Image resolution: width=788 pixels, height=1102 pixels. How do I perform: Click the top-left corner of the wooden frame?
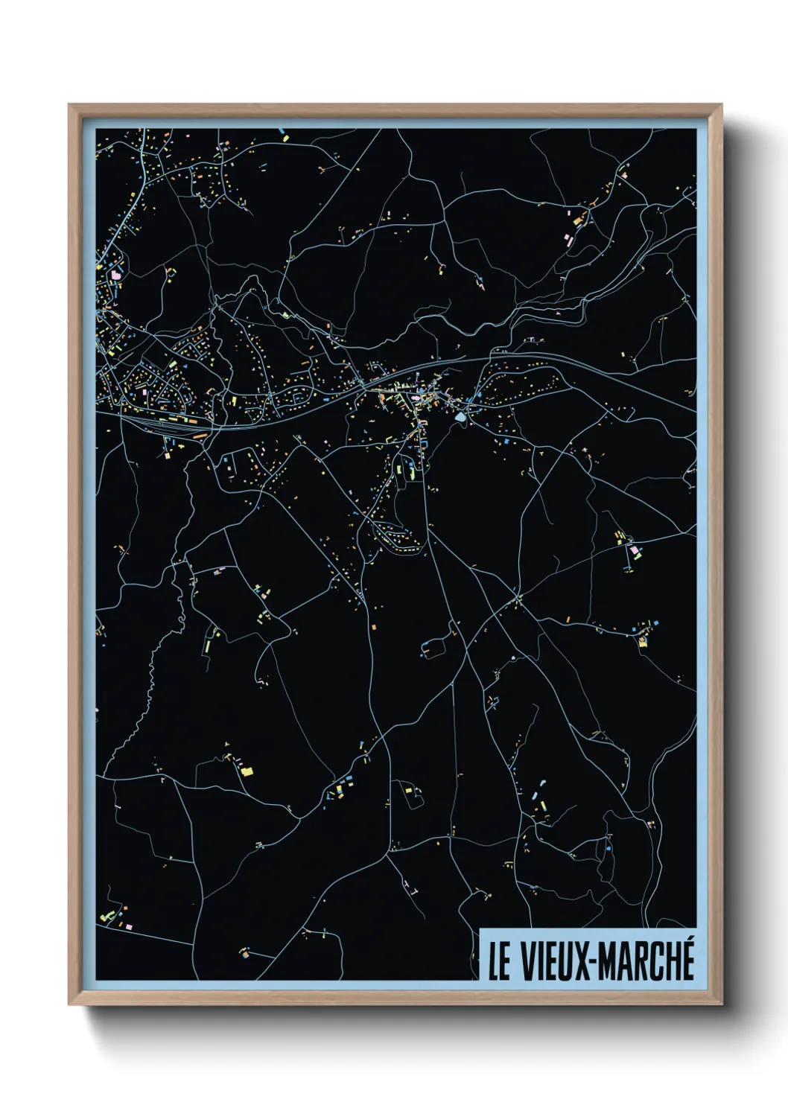click(x=70, y=106)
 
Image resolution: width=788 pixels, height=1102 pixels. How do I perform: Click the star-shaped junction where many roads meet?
click(x=516, y=598)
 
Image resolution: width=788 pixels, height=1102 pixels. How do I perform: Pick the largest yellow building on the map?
click(x=247, y=771)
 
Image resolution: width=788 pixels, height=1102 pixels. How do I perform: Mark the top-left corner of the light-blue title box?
click(x=480, y=930)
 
